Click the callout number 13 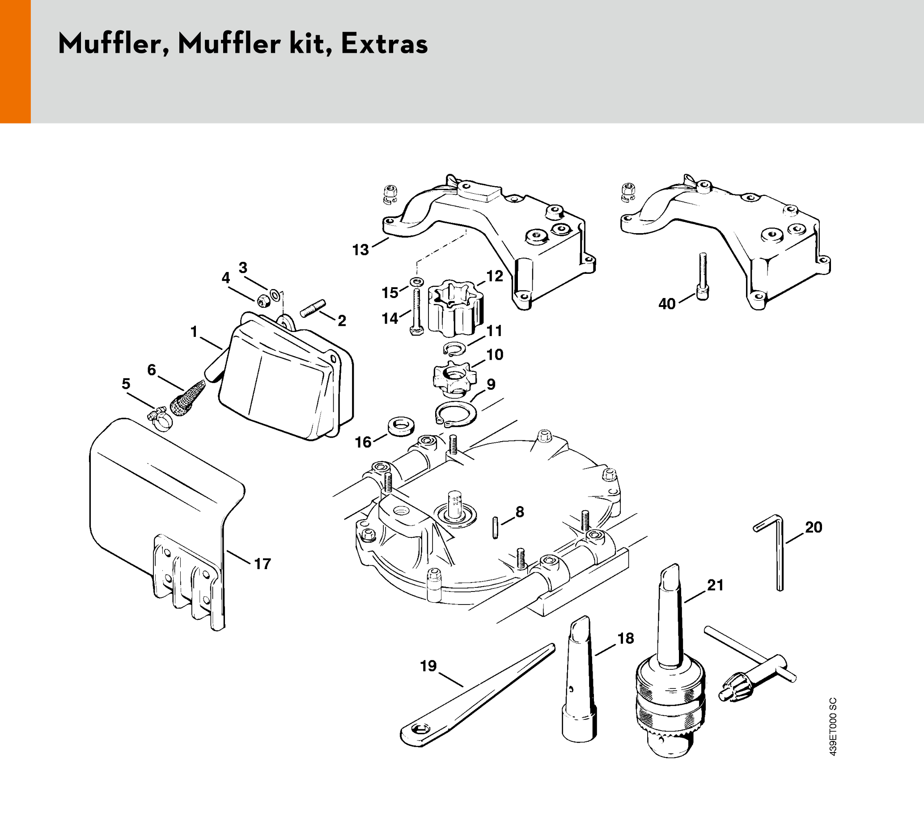tap(360, 250)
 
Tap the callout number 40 tap(666, 304)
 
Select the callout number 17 tap(263, 564)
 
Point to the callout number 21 tap(715, 585)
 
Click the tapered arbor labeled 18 tap(579, 683)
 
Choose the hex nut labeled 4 tap(263, 301)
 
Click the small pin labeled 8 tap(495, 528)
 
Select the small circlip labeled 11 tap(455, 349)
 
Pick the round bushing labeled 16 tap(401, 426)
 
